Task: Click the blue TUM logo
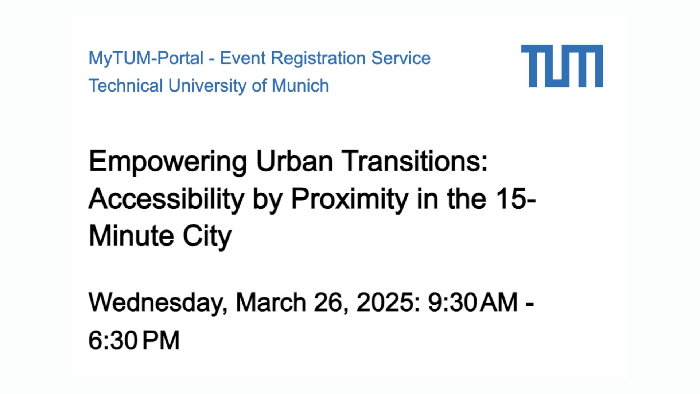point(562,66)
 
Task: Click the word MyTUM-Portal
point(146,58)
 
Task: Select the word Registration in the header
point(318,58)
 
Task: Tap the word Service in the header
point(401,58)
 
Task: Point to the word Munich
point(300,85)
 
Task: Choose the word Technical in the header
point(125,85)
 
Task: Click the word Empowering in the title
point(168,162)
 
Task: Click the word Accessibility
point(166,199)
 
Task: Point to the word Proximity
point(349,199)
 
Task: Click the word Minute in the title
point(131,236)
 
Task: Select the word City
point(207,237)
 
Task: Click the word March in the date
point(271,302)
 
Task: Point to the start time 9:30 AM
point(472,302)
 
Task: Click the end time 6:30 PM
point(134,340)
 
